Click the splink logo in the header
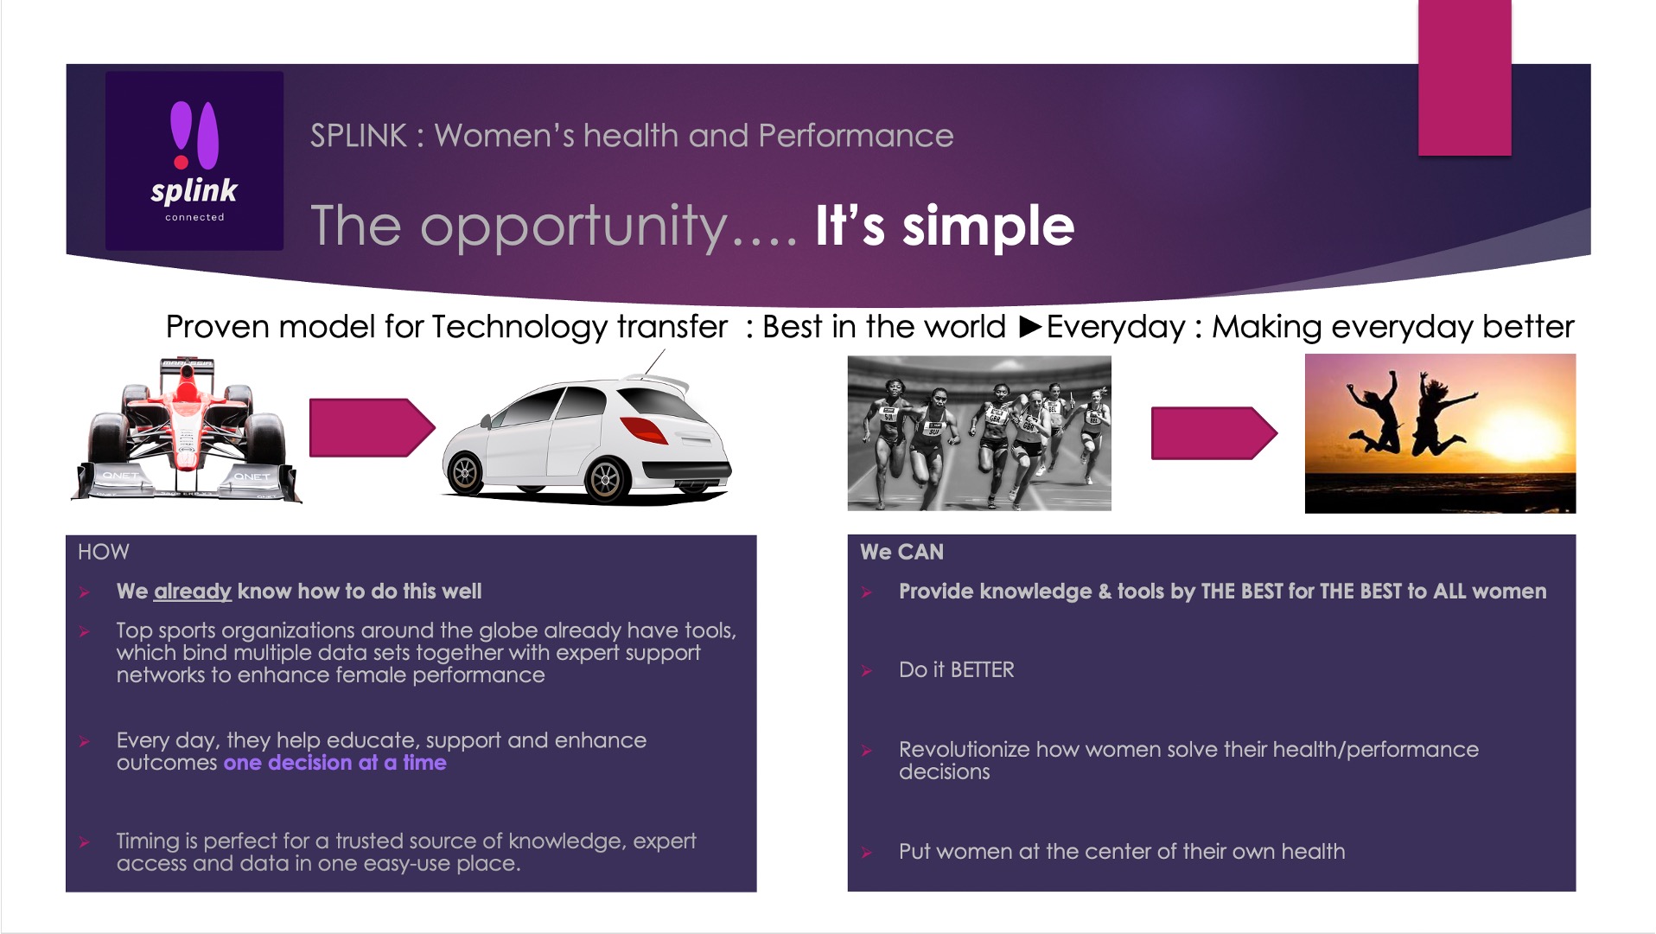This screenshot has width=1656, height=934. [x=194, y=161]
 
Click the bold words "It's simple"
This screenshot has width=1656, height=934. [x=945, y=227]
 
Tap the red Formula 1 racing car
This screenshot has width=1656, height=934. [x=187, y=429]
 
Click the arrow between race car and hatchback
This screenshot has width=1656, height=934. [x=372, y=427]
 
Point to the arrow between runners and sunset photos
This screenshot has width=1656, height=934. [x=1213, y=433]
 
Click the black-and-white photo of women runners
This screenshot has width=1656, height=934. [x=979, y=433]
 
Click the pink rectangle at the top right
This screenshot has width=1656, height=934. [x=1465, y=78]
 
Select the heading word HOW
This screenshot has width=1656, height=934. [x=104, y=552]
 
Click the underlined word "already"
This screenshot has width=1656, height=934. [x=192, y=592]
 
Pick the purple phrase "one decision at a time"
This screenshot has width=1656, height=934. [x=335, y=763]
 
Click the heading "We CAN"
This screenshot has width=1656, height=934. [x=901, y=552]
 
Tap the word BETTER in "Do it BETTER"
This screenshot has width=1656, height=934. [x=983, y=670]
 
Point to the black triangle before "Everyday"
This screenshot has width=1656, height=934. [x=1031, y=327]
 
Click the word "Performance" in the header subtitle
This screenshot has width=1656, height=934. [x=856, y=136]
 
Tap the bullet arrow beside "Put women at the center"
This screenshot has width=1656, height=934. [x=867, y=853]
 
